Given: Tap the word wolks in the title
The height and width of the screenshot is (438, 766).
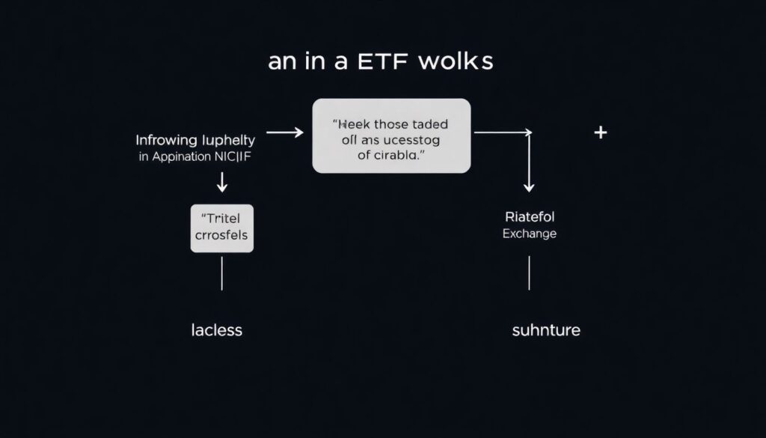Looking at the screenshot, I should tap(456, 61).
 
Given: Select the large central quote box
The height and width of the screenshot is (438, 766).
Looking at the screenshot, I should tap(391, 136).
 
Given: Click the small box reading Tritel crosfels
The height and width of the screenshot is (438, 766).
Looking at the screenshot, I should tap(222, 228).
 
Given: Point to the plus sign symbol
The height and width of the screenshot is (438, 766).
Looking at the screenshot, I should tap(600, 133).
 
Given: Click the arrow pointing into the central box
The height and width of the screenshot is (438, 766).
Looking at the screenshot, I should tap(284, 133).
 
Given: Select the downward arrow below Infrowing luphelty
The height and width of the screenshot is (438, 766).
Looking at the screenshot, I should tap(222, 181).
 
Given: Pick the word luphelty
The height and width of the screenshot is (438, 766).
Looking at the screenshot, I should tap(228, 141).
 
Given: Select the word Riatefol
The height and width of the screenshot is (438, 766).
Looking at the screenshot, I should tap(530, 217).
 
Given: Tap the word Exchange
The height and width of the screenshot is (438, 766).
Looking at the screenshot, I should tap(530, 234).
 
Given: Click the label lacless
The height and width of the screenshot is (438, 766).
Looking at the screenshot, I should tap(216, 329).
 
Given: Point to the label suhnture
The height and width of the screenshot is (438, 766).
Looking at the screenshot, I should tap(545, 329).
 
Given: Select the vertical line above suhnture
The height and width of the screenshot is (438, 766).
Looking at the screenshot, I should tap(529, 273).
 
